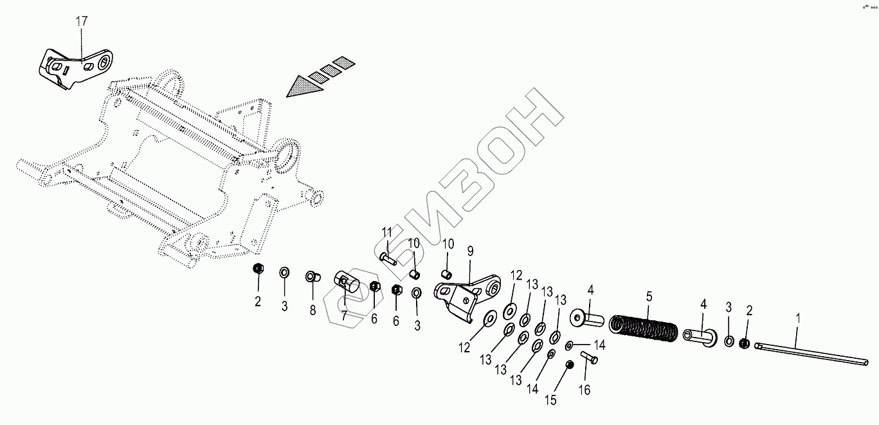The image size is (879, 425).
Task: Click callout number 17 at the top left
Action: tap(82, 22)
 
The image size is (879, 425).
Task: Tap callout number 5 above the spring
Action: tap(649, 296)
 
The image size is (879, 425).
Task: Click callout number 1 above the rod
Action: tap(798, 318)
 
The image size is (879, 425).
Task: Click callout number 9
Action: tap(470, 250)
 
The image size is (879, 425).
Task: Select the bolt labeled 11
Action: tap(388, 258)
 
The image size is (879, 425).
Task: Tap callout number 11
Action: tap(386, 232)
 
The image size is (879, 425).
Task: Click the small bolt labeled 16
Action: tap(590, 357)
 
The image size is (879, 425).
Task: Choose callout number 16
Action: tap(584, 390)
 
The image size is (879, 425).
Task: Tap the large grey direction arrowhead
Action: tap(304, 86)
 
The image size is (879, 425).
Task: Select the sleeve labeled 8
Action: tap(312, 277)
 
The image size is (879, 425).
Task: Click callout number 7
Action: tap(344, 316)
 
